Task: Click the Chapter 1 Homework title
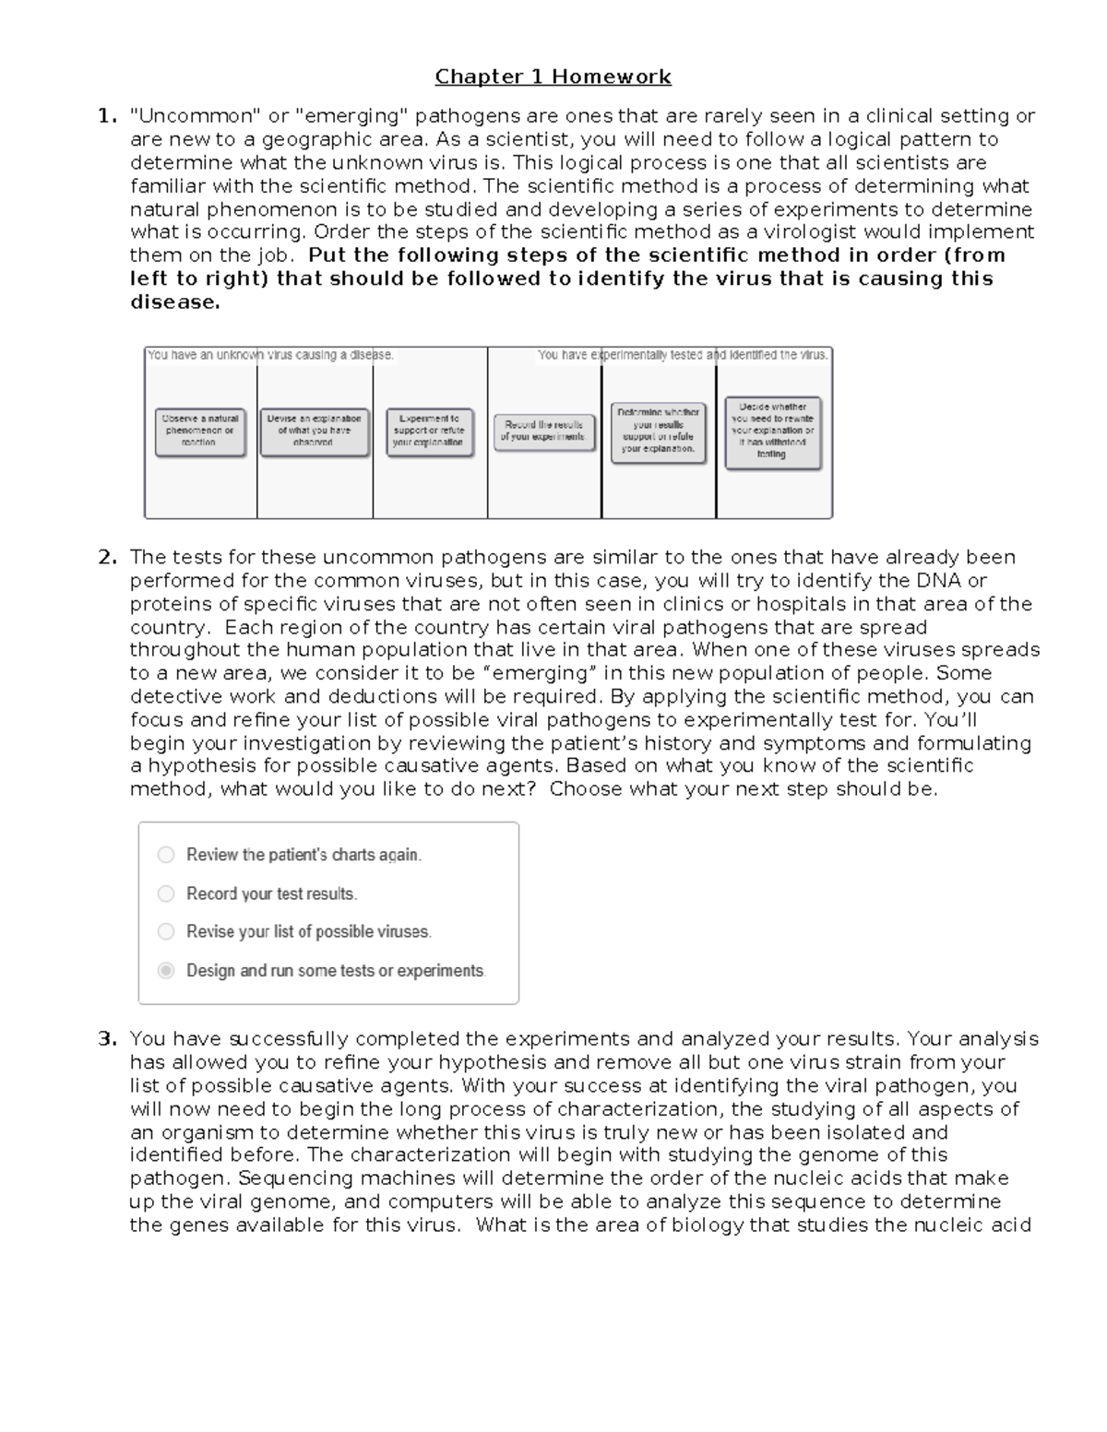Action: pyautogui.click(x=553, y=77)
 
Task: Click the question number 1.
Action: pyautogui.click(x=107, y=116)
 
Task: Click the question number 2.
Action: pyautogui.click(x=107, y=557)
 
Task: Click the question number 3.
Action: pyautogui.click(x=107, y=1039)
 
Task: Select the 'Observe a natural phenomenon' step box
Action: pyautogui.click(x=200, y=431)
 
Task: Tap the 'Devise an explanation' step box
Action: pyautogui.click(x=314, y=431)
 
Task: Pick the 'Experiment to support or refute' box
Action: pyautogui.click(x=429, y=431)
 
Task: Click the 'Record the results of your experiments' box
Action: pyautogui.click(x=544, y=431)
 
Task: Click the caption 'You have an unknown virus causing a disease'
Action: pyautogui.click(x=270, y=355)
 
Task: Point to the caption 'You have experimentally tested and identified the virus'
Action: pyautogui.click(x=683, y=355)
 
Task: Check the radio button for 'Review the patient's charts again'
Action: pyautogui.click(x=166, y=855)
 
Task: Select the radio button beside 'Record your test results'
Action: pyautogui.click(x=166, y=894)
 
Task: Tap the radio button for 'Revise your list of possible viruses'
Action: pyautogui.click(x=166, y=931)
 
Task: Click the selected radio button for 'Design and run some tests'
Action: pyautogui.click(x=166, y=970)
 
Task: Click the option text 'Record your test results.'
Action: pyautogui.click(x=271, y=894)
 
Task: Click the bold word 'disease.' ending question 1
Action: pyautogui.click(x=175, y=302)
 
